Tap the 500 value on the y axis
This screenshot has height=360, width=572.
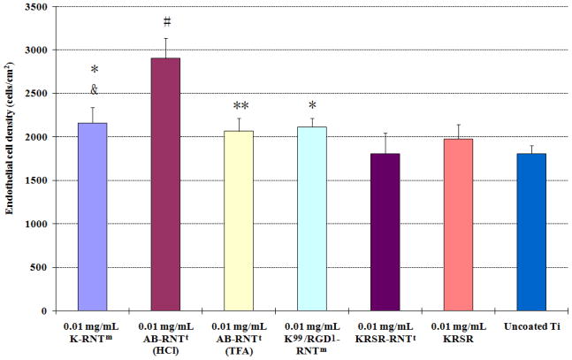pos(42,268)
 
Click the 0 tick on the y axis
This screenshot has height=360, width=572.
pos(50,311)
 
